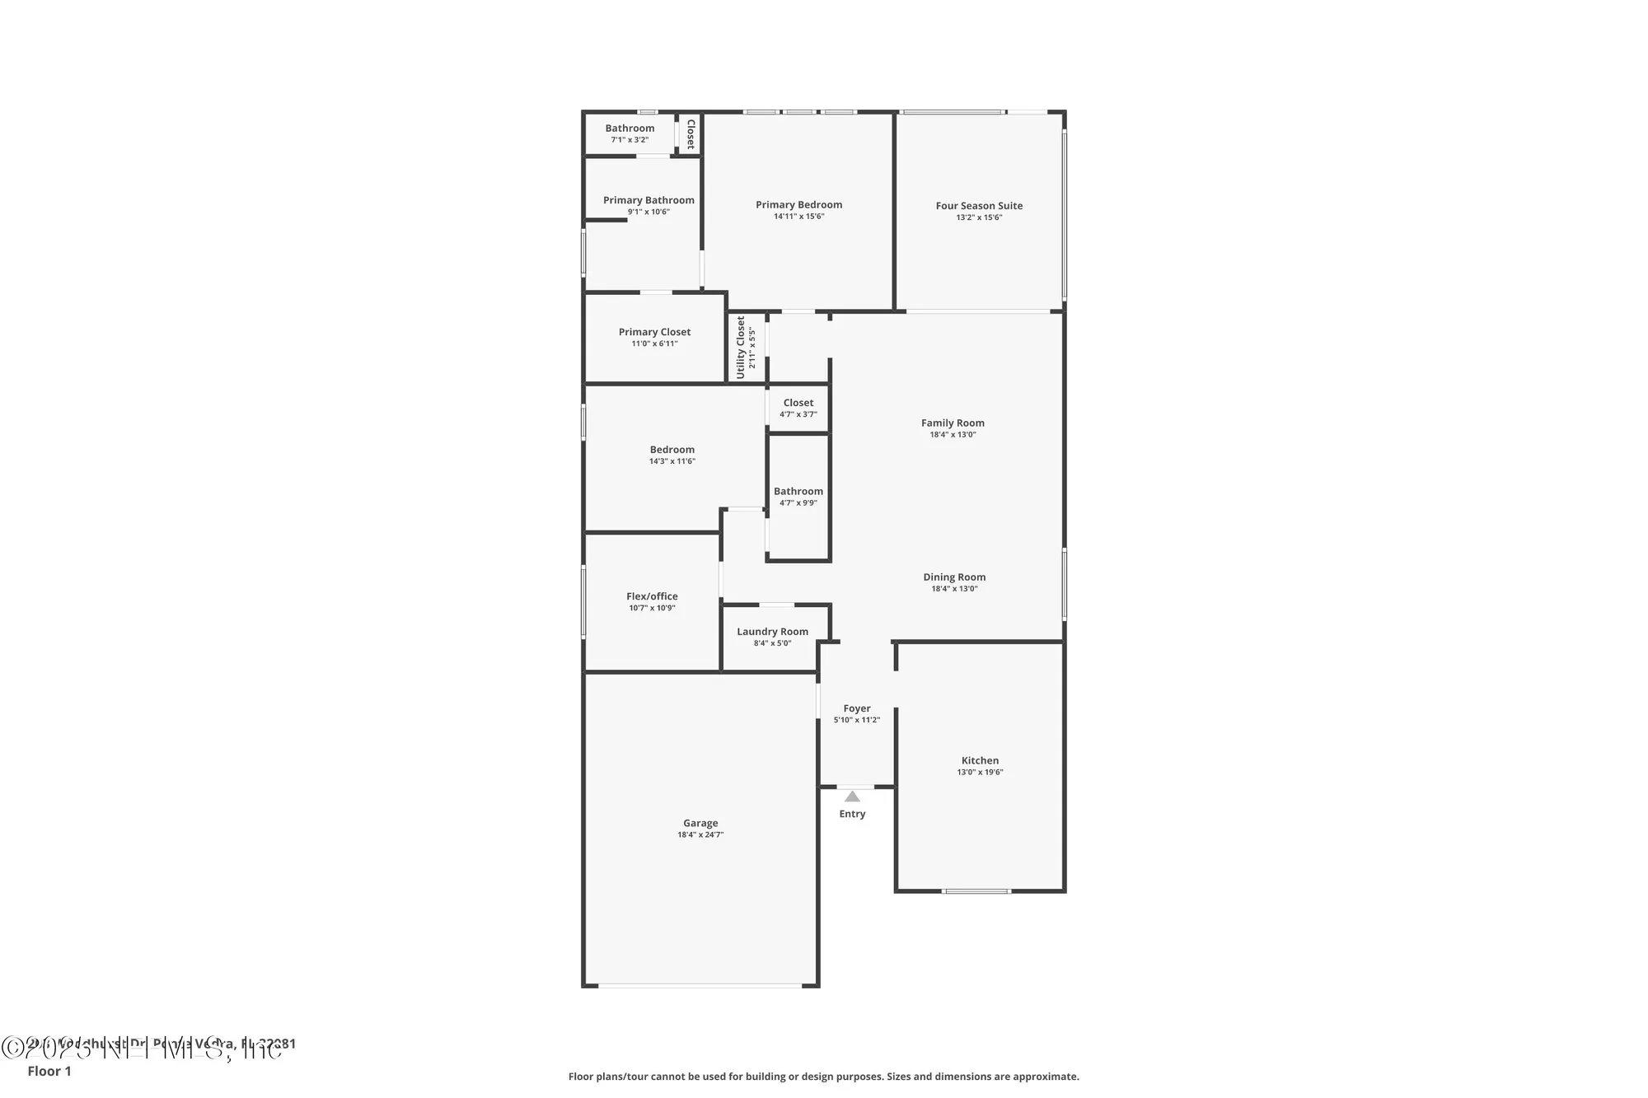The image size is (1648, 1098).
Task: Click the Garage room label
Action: tap(700, 823)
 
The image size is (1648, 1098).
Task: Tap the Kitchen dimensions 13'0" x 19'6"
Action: tap(980, 773)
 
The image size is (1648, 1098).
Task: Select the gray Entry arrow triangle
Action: tap(852, 797)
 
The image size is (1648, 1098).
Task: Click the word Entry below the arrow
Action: tap(852, 814)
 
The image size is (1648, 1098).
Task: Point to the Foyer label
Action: tap(856, 708)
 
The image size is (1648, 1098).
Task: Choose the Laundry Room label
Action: tap(772, 632)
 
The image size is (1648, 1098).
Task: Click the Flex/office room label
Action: tap(652, 596)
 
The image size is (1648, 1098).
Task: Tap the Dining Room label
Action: tap(954, 577)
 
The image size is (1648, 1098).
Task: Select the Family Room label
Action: tap(953, 423)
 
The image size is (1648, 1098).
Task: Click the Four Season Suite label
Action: tap(979, 206)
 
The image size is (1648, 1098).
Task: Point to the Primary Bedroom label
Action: tap(798, 205)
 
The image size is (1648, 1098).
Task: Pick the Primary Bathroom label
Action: tap(648, 200)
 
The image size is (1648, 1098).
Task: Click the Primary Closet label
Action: tap(654, 332)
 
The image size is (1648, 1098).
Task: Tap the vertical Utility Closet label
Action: tap(740, 347)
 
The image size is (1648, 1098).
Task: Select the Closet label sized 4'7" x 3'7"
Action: tap(798, 403)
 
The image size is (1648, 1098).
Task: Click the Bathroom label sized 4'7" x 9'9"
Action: tap(798, 491)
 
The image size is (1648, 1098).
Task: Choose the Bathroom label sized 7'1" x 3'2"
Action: tap(630, 128)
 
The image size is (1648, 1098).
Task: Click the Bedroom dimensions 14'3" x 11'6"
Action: tap(672, 461)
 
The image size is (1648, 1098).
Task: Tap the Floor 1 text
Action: tap(49, 1071)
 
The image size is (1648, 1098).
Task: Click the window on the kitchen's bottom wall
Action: tap(976, 891)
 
